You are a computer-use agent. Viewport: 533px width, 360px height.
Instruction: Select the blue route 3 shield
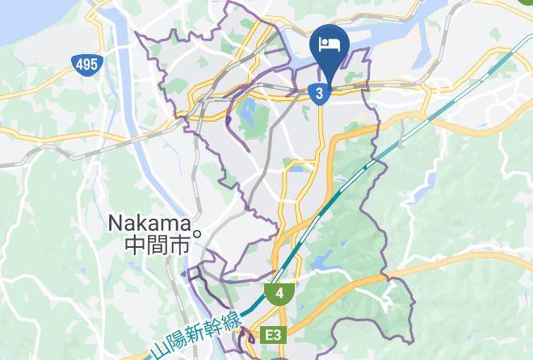tap(321, 94)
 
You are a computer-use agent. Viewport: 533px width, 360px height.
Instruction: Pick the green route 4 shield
tap(279, 294)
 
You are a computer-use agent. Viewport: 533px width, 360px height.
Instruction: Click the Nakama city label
tap(149, 222)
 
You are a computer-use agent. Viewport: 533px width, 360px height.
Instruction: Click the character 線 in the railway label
tap(233, 312)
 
